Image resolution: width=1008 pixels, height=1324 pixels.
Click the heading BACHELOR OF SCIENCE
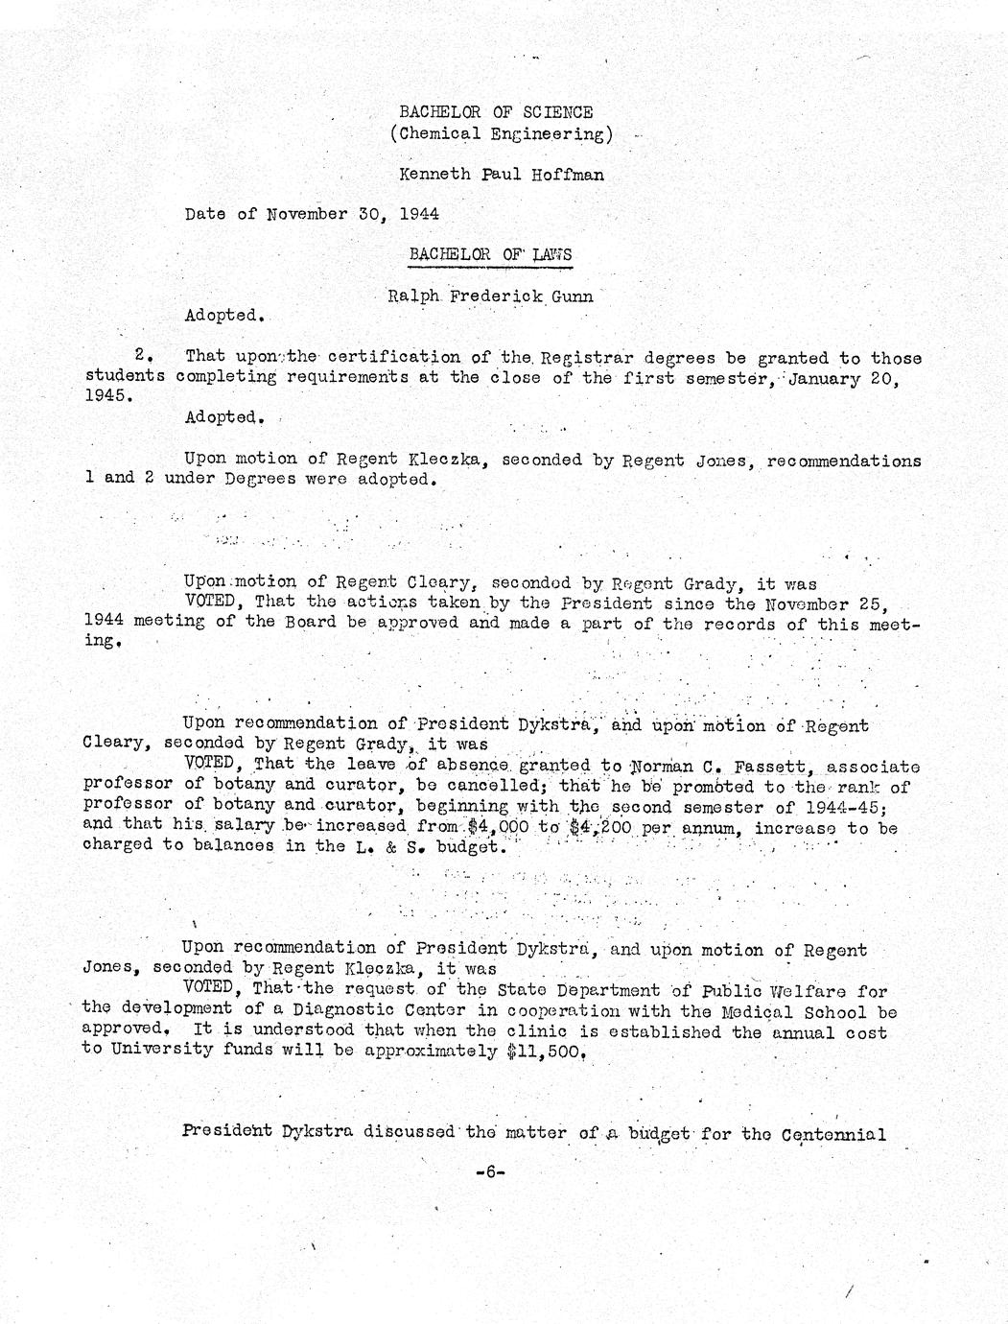coord(495,113)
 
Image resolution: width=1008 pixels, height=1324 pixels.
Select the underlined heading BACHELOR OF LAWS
coord(489,254)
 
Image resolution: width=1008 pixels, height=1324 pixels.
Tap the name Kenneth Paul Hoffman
coord(502,175)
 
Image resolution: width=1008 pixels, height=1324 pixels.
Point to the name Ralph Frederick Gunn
coord(489,296)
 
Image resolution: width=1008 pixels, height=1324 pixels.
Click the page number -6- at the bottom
coord(489,1171)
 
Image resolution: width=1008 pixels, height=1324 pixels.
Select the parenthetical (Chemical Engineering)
coord(501,134)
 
